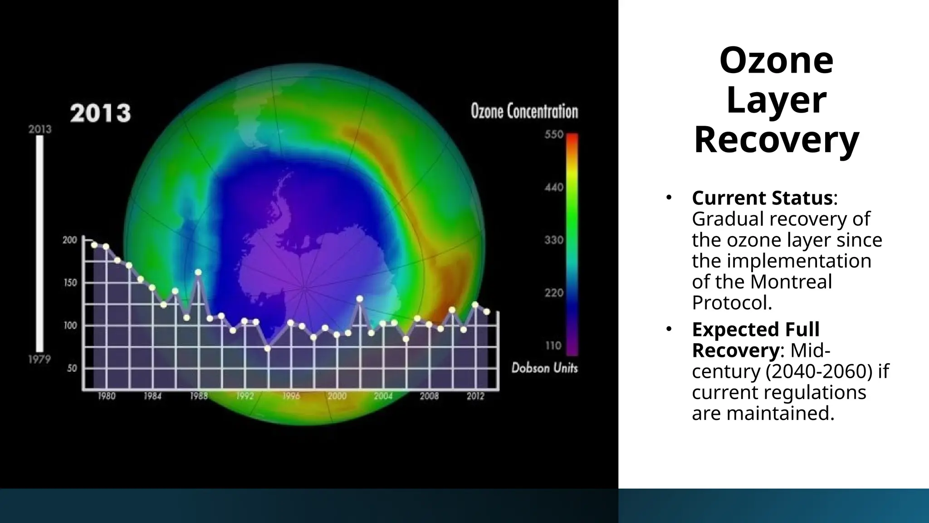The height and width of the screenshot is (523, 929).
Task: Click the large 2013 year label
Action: [x=100, y=113]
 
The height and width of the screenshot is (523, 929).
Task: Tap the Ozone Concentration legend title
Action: [x=524, y=111]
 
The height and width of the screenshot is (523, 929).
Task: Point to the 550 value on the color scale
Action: [x=553, y=134]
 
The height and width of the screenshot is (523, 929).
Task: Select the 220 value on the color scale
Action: [x=553, y=293]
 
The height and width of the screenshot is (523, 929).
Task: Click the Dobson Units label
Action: [x=544, y=368]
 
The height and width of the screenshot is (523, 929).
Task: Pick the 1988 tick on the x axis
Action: [x=199, y=396]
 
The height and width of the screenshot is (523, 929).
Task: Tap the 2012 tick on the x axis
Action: [x=475, y=396]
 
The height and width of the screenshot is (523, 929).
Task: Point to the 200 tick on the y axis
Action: [x=70, y=240]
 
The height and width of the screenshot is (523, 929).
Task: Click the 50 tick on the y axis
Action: [x=72, y=369]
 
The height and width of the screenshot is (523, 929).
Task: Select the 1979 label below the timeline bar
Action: [x=39, y=360]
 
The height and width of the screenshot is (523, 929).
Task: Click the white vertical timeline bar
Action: [x=40, y=244]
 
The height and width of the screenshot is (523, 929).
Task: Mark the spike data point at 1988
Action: [x=198, y=272]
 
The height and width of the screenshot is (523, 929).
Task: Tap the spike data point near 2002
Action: [x=359, y=299]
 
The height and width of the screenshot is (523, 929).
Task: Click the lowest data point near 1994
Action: [x=268, y=348]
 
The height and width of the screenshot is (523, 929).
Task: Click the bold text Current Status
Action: [x=762, y=198]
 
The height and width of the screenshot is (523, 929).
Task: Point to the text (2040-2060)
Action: [x=819, y=371]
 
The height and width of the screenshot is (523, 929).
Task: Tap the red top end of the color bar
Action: [x=572, y=138]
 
